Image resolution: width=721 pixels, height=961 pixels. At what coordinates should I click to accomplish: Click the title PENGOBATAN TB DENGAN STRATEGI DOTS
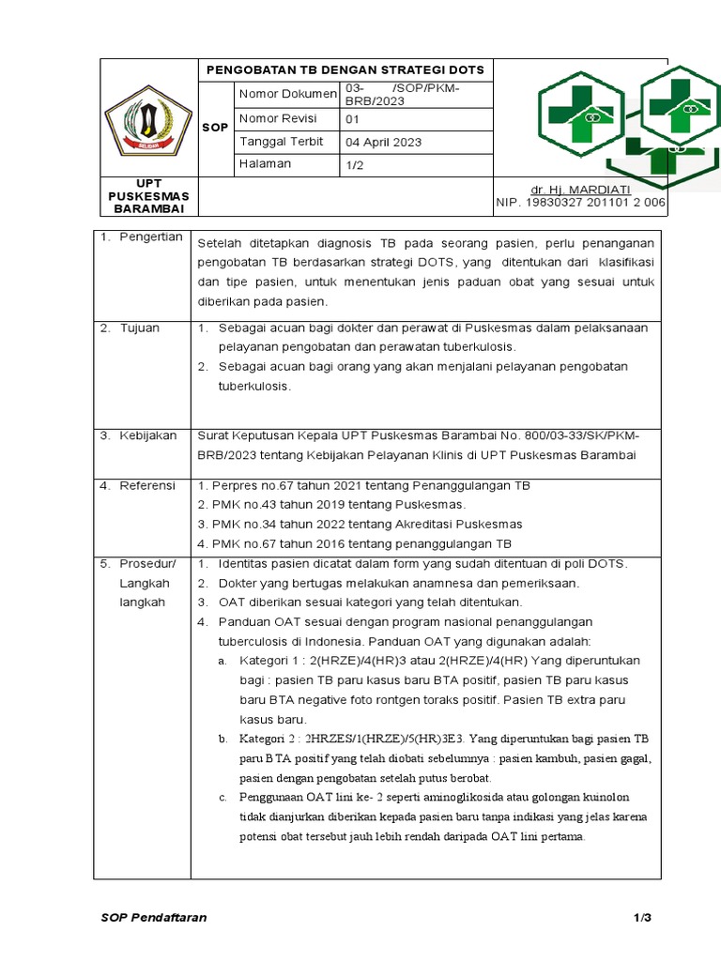(x=345, y=70)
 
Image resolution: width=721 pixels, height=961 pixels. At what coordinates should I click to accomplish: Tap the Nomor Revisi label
(x=278, y=118)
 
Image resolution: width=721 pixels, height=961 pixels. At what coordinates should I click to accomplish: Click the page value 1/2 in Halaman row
(x=357, y=164)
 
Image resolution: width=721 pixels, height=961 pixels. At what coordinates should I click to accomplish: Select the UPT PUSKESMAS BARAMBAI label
(x=148, y=195)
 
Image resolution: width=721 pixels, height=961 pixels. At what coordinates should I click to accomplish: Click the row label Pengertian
(x=150, y=237)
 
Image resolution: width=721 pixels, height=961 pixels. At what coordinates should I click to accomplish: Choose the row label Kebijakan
(x=147, y=435)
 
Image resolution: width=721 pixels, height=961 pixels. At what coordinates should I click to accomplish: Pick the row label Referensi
(x=146, y=485)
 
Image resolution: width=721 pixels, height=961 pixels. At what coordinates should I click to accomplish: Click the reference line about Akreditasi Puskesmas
(x=360, y=524)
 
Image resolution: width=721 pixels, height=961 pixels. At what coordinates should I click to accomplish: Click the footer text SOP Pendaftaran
(x=154, y=917)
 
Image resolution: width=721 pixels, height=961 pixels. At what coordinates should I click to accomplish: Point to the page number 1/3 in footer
(x=641, y=917)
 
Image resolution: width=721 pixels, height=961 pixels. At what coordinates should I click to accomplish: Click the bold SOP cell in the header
(x=215, y=127)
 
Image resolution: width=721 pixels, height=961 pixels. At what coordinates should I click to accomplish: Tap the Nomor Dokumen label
(x=287, y=94)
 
